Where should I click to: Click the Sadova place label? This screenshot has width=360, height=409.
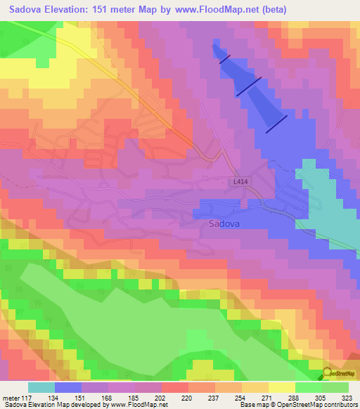[x=224, y=224]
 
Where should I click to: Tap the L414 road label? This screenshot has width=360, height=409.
[x=240, y=181]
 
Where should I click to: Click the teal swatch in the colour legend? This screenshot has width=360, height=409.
[x=41, y=387]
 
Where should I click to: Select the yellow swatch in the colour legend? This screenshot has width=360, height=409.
[x=282, y=387]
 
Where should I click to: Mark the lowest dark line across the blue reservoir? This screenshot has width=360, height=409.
[x=276, y=124]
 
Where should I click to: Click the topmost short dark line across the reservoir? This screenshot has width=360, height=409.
[x=224, y=60]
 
